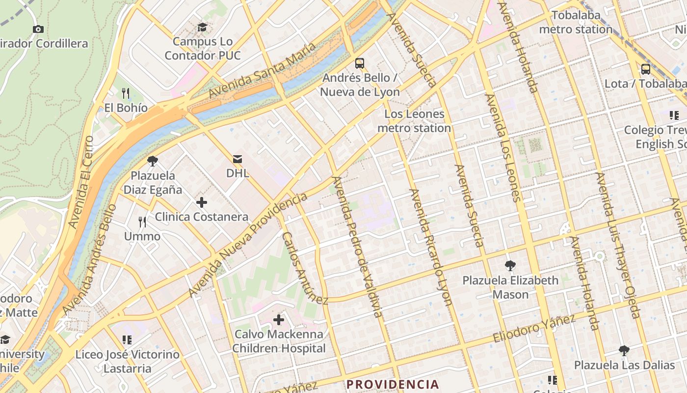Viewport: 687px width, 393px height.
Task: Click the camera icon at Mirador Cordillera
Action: [38, 29]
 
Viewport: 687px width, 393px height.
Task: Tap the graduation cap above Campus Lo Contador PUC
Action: [202, 27]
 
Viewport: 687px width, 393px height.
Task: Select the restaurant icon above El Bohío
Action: [126, 93]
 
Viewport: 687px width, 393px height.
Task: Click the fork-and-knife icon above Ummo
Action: [142, 222]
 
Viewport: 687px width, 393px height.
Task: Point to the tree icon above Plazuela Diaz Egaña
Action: [153, 161]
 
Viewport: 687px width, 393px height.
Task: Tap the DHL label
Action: [238, 173]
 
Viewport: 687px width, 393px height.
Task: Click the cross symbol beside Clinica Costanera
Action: [201, 202]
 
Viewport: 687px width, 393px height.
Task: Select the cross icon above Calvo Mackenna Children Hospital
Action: [279, 320]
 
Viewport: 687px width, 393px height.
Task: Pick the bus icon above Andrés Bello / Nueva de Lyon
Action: [360, 63]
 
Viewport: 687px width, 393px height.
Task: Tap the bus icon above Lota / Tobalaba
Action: [646, 69]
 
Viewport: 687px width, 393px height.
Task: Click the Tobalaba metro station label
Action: [576, 22]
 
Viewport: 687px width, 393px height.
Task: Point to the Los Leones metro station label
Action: [415, 121]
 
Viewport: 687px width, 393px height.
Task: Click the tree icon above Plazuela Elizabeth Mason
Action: [510, 266]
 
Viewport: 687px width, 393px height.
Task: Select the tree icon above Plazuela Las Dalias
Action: [624, 351]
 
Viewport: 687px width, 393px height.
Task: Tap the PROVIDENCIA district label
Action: [393, 384]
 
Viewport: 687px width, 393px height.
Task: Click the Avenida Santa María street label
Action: [263, 70]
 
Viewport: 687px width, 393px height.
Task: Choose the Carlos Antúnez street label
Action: [304, 268]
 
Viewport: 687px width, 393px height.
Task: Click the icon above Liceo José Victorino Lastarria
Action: [127, 339]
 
